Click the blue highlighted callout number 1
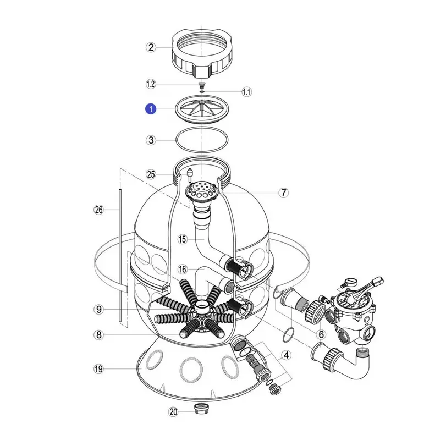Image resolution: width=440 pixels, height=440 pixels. click(x=151, y=109)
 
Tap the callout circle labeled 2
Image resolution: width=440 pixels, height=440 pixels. click(x=151, y=47)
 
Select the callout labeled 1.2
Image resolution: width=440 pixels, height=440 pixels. click(x=151, y=84)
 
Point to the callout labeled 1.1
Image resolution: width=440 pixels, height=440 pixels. click(x=246, y=92)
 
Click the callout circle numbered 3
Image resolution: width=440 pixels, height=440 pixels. click(x=151, y=140)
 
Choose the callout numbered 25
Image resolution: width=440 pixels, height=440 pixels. click(x=151, y=174)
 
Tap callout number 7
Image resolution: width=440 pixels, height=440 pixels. click(x=284, y=193)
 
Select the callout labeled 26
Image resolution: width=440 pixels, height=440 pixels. click(x=99, y=210)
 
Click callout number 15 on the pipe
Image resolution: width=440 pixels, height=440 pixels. click(x=183, y=239)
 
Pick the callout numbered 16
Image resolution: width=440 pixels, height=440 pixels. click(x=183, y=269)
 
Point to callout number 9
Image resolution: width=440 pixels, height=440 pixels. click(x=99, y=310)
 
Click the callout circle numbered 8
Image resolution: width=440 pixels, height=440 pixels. click(x=99, y=335)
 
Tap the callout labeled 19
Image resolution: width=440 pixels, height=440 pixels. click(x=99, y=369)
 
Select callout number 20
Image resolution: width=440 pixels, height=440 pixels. click(x=173, y=411)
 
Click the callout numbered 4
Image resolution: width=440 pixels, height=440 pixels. click(x=286, y=355)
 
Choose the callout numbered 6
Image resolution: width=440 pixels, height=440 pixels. click(x=321, y=334)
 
